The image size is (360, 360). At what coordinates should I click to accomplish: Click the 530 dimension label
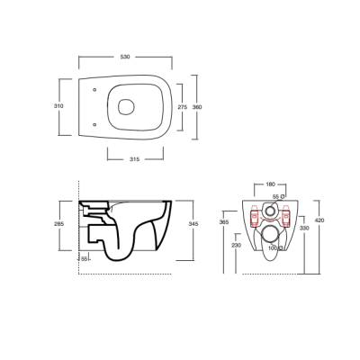pos(125,57)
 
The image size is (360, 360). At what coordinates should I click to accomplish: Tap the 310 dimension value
pos(58,106)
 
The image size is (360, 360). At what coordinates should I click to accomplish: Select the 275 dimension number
pos(183,107)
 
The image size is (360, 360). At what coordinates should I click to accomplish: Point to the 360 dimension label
pos(197,107)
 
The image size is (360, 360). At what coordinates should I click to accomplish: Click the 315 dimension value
pos(134,159)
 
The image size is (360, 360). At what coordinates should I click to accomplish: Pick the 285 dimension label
pos(58,223)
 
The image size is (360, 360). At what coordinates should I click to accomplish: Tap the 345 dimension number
pos(193,224)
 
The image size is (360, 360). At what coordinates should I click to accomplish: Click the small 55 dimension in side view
pos(85,259)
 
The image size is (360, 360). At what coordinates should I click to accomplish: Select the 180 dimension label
pos(270,184)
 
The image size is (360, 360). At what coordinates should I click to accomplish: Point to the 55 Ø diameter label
pos(278,197)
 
